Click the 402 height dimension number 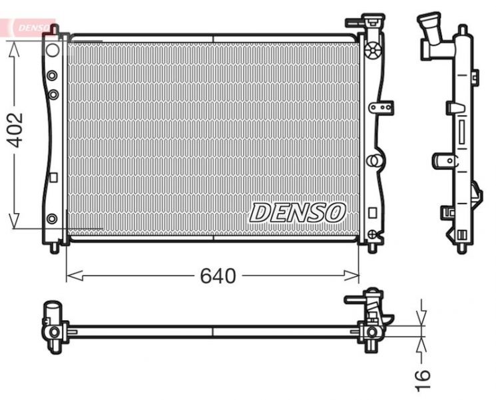point(15,129)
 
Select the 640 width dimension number point(218,276)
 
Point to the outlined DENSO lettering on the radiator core point(298,212)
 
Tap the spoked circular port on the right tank point(374,49)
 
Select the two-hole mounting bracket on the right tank point(381,106)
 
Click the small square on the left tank point(53,178)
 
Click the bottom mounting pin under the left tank point(54,247)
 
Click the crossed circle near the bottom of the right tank point(373,234)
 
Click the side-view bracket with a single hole point(442,160)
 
